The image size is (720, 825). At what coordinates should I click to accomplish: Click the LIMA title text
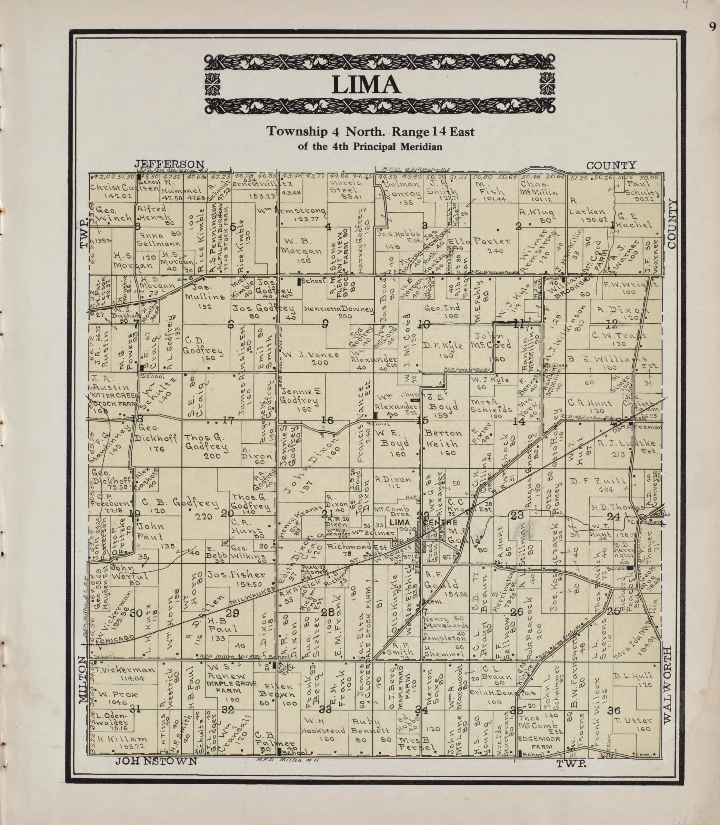(x=366, y=85)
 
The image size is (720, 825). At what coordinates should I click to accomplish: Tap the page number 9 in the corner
(x=712, y=27)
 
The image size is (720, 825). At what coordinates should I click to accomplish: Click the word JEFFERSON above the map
(x=169, y=164)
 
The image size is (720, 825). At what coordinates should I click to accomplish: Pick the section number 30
(x=136, y=613)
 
